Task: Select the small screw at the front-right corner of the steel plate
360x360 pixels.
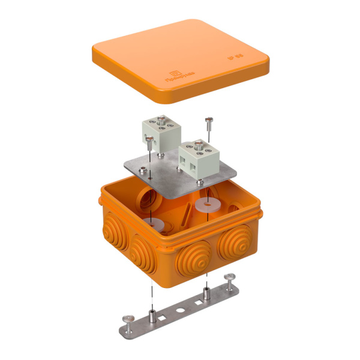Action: [199, 182]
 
